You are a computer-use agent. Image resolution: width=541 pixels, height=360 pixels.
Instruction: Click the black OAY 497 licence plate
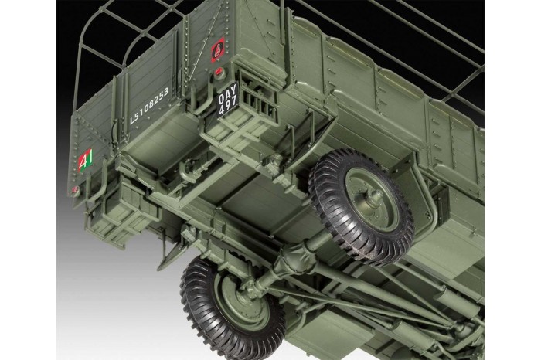tap(228, 101)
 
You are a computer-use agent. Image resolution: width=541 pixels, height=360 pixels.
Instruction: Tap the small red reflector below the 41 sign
tap(75, 189)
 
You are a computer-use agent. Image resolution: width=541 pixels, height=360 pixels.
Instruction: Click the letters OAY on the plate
tap(227, 95)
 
